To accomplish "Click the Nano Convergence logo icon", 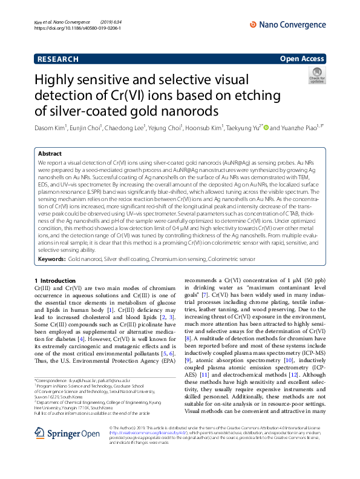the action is (254, 24).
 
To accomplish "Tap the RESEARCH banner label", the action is (58, 59).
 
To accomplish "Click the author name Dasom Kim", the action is (50, 128).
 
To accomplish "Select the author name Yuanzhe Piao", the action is (303, 128).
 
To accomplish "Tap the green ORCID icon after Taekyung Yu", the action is (266, 128).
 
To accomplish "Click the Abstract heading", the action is (50, 154).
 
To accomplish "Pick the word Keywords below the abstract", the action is (51, 259).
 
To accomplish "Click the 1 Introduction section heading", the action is (56, 281).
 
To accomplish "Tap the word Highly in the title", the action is (59, 81).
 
